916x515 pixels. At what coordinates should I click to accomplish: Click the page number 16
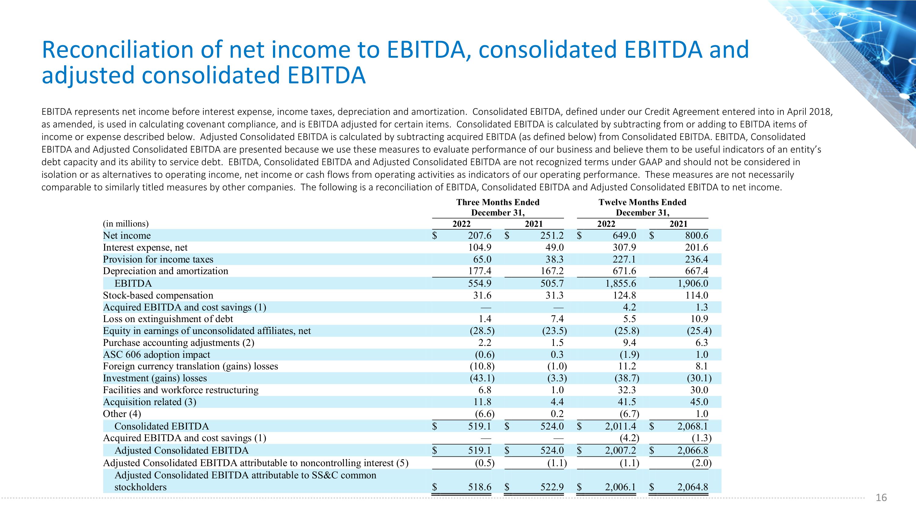click(x=881, y=498)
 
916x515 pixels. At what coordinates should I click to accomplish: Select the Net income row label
click(x=127, y=235)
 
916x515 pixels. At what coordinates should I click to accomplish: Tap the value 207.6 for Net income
click(x=479, y=235)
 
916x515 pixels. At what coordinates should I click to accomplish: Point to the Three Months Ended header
click(x=498, y=202)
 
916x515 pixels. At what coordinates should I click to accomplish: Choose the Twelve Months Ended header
click(x=642, y=202)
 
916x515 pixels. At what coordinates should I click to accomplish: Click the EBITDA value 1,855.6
click(x=620, y=283)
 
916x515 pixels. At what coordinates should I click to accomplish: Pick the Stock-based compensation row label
click(x=158, y=295)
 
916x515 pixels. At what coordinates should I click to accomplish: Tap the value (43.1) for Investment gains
click(x=482, y=378)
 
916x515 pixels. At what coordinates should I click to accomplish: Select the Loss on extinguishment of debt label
click(x=168, y=319)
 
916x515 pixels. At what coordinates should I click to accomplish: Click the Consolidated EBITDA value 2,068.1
click(x=692, y=426)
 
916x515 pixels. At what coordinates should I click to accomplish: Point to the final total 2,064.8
click(x=692, y=487)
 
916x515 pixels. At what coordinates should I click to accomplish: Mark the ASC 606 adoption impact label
click(x=156, y=354)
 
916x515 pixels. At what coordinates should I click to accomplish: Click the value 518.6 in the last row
click(x=479, y=487)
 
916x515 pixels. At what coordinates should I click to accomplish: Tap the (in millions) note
click(x=125, y=223)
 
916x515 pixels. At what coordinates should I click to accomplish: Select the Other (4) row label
click(x=122, y=414)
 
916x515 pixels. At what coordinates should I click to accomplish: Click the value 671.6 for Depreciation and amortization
click(x=624, y=271)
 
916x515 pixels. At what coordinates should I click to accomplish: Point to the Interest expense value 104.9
click(x=479, y=247)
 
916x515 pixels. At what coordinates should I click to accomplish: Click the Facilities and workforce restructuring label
click(x=181, y=390)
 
